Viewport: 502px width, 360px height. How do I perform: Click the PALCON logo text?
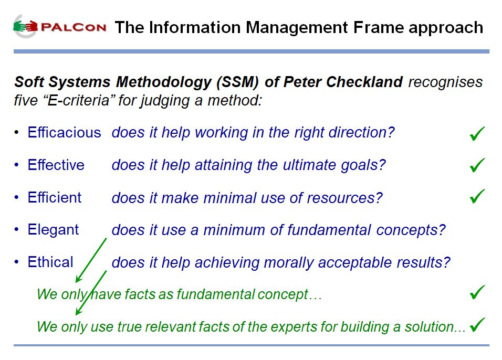[x=74, y=27]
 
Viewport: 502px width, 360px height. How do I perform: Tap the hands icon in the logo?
[x=26, y=26]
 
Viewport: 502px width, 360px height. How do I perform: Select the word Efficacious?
[x=65, y=132]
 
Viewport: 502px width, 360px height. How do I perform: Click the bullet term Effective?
[x=56, y=165]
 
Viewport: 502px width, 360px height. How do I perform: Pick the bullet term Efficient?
[x=55, y=197]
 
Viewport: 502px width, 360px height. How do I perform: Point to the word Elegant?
[x=53, y=230]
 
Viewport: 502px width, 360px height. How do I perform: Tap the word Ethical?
[x=50, y=262]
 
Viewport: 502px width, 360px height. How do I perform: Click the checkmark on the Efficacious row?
[x=477, y=133]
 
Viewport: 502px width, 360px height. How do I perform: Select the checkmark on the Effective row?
[x=477, y=165]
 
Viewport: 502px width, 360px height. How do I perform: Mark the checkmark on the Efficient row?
[x=477, y=196]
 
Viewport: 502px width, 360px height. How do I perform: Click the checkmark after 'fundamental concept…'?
[x=477, y=292]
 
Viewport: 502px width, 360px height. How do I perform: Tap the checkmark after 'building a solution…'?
[x=477, y=324]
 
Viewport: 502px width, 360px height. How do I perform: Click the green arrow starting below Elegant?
[x=91, y=260]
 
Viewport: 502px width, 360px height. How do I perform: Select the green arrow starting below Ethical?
[x=91, y=293]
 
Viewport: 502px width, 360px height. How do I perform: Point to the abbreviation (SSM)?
[x=237, y=82]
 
